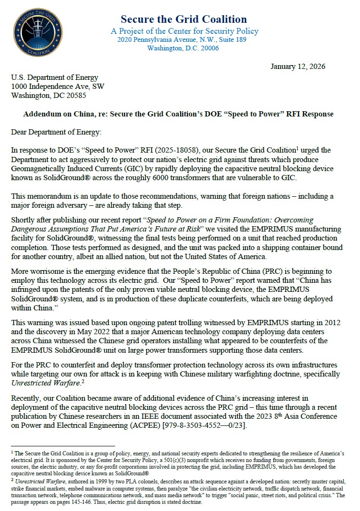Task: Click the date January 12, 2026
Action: point(298,67)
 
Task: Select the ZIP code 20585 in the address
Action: point(75,95)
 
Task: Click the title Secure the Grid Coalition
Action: point(184,19)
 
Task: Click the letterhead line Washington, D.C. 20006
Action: point(183,48)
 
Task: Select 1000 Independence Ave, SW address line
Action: point(58,87)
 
